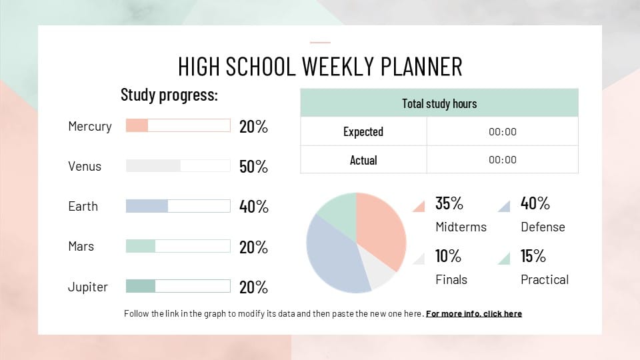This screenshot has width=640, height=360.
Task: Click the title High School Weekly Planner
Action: (320, 67)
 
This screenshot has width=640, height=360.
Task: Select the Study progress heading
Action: (169, 95)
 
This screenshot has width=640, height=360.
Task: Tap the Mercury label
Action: (89, 126)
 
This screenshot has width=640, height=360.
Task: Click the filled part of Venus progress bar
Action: (153, 166)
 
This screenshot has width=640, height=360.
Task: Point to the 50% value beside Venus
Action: (253, 167)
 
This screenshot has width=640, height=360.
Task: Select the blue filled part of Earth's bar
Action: (147, 206)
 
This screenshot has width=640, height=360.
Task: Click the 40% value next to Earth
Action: (253, 207)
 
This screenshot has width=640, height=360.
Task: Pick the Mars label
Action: (81, 246)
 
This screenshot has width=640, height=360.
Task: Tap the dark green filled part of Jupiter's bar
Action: (141, 286)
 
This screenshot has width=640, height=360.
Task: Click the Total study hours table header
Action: (439, 103)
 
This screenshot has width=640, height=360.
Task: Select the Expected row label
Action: (363, 131)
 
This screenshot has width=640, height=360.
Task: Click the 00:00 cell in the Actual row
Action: (502, 160)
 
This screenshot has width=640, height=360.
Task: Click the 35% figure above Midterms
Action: (449, 203)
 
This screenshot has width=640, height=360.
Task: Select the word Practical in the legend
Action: (544, 279)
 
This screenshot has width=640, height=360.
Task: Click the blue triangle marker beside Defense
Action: (505, 206)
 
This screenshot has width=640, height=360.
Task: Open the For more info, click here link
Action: (474, 313)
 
